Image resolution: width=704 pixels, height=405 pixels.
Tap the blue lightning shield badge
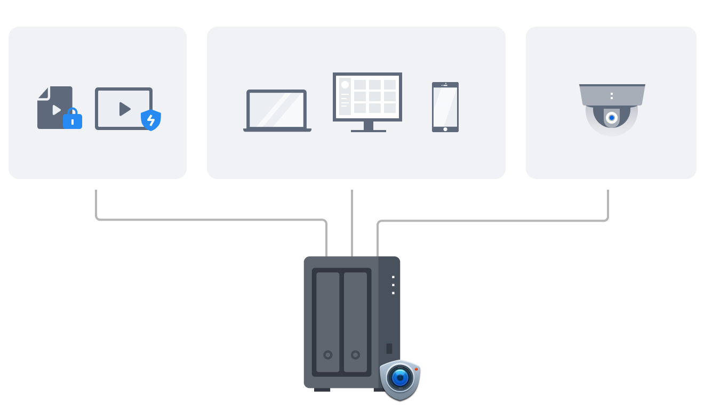coord(151,120)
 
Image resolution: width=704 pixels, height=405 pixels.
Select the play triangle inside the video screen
coord(124,109)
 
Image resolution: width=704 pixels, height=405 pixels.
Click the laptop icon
coord(277,110)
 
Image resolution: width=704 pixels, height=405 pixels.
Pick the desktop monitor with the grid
coord(367,97)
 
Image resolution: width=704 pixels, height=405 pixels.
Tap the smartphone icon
coord(445,107)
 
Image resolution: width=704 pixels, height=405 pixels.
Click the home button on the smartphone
coord(445,129)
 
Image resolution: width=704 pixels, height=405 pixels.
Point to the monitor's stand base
coord(369,130)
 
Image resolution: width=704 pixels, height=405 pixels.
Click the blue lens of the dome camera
coord(612,117)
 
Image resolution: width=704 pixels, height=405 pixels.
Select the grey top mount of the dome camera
coord(612,95)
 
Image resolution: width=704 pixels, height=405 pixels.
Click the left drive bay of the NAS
coord(327,322)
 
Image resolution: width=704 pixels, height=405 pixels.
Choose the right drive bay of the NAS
coord(356,322)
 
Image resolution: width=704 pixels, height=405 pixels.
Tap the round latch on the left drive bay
coord(328,355)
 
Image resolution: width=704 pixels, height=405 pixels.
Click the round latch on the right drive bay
coord(356,355)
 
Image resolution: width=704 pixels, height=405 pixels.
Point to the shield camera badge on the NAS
coord(400,379)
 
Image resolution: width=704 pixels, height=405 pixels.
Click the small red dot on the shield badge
coord(416,369)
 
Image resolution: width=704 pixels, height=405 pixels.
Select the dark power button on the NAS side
coord(389,349)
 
